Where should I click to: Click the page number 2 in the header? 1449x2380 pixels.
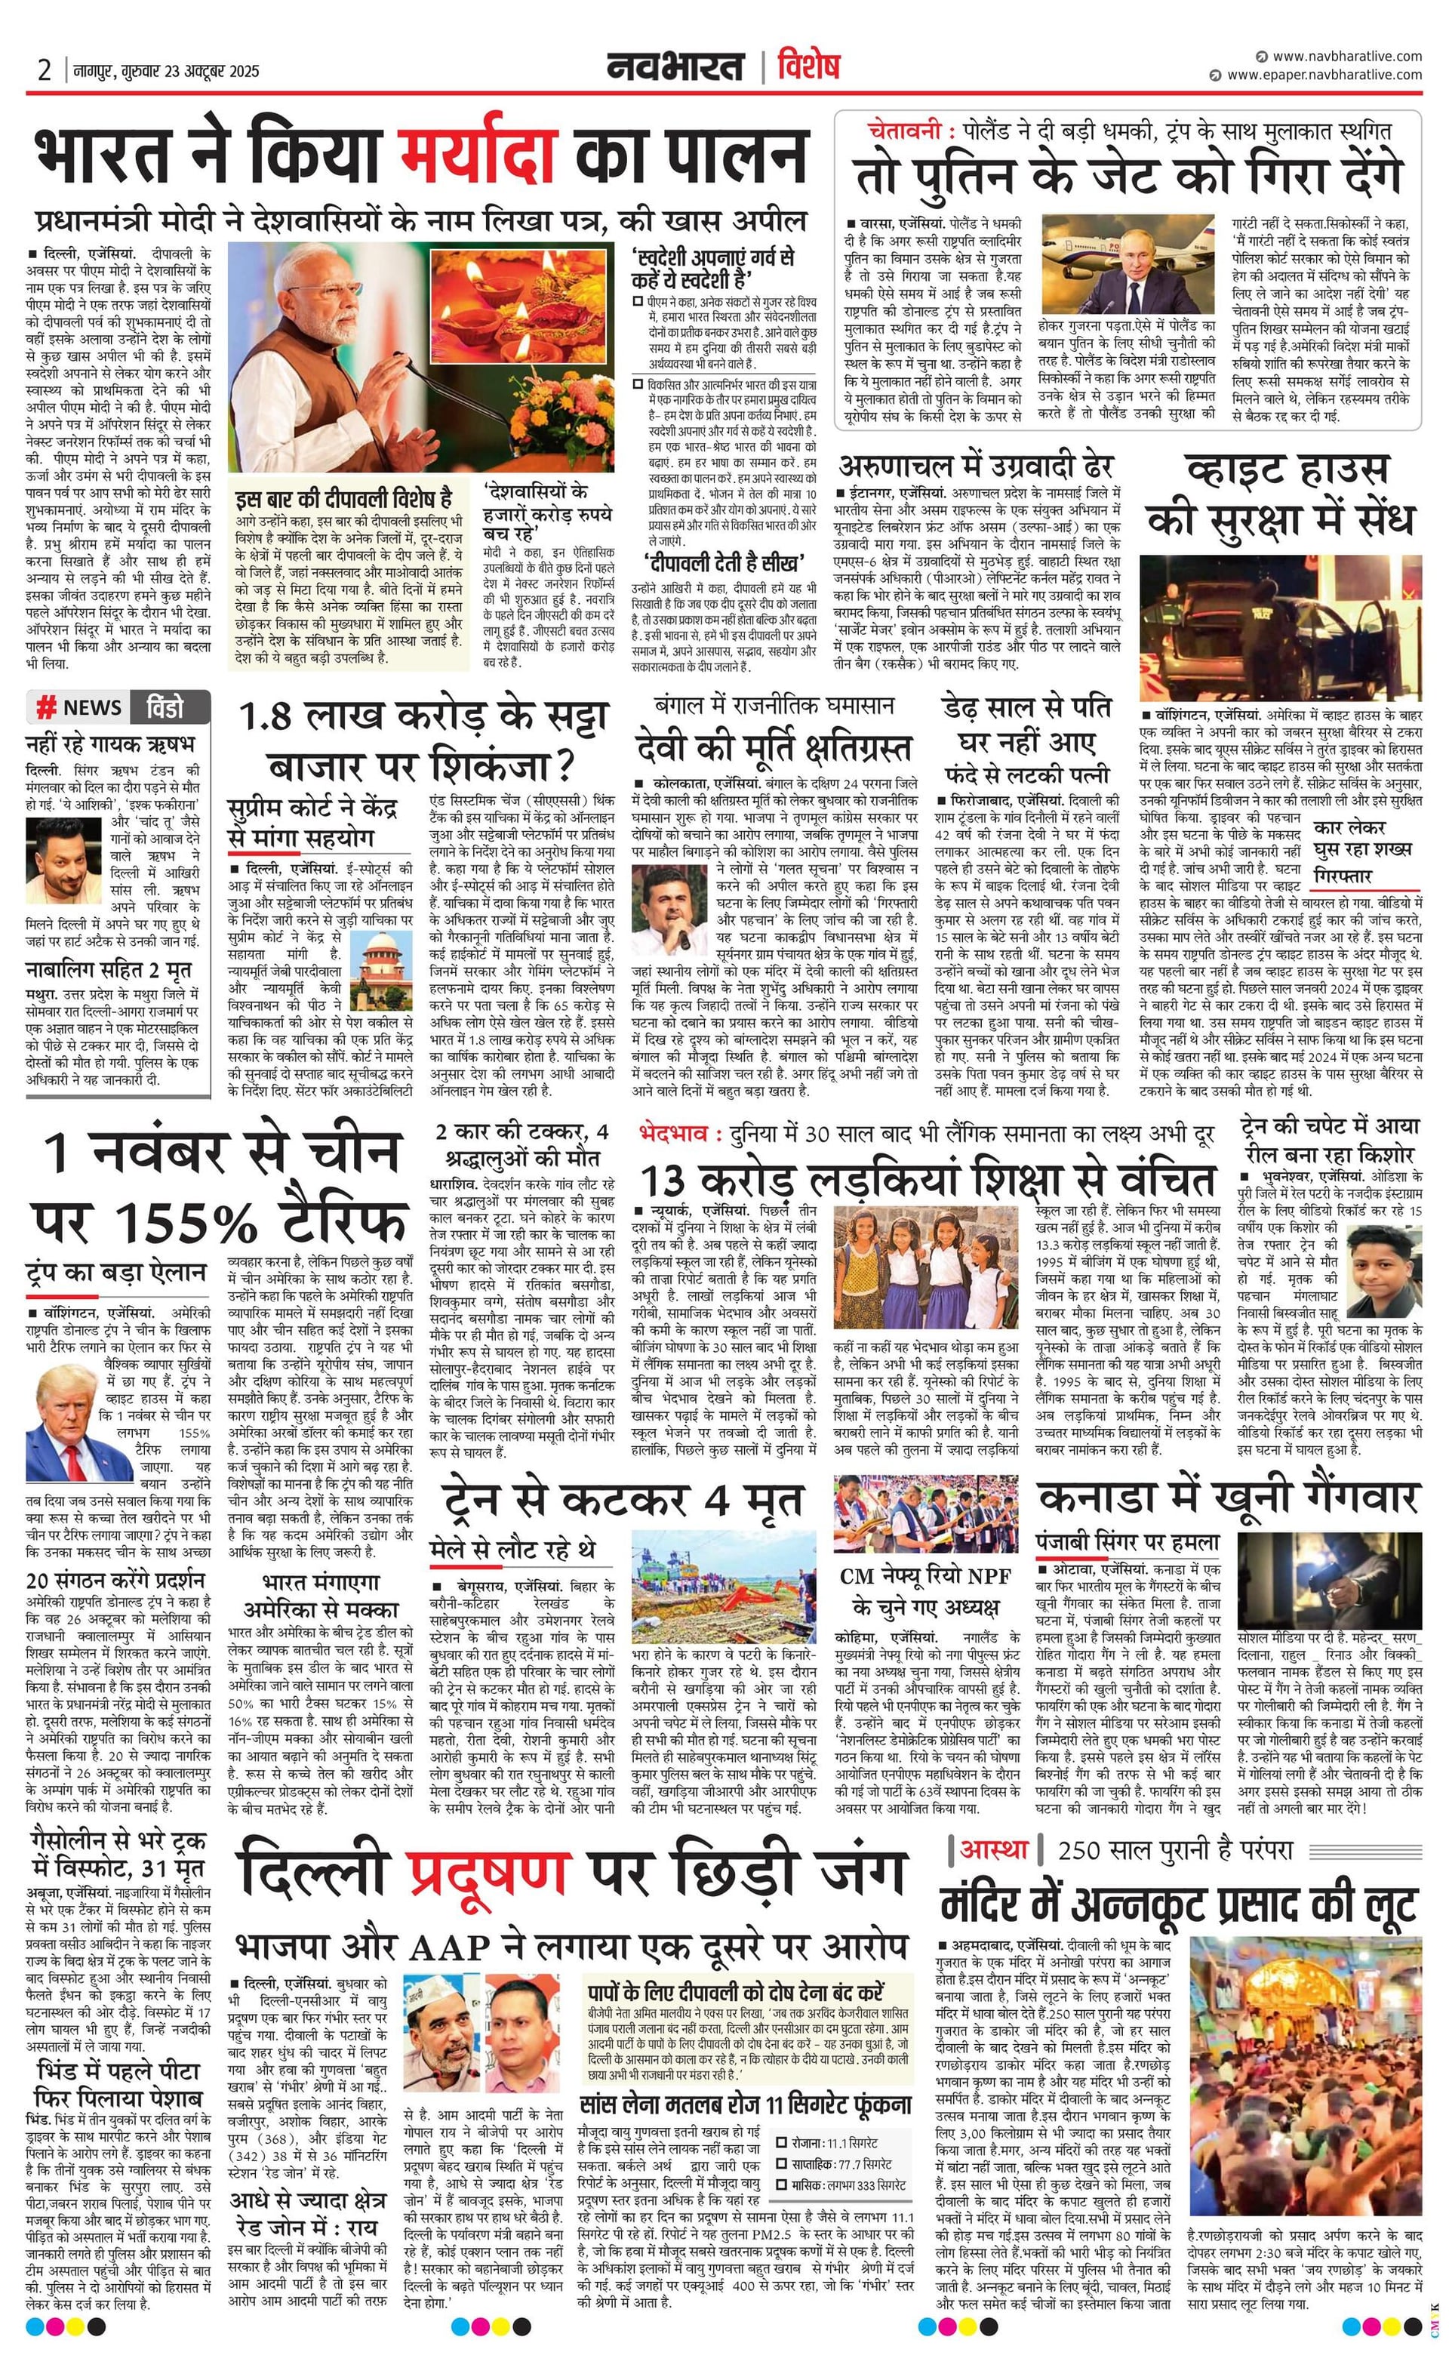point(45,70)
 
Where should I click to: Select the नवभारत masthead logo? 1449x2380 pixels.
point(676,68)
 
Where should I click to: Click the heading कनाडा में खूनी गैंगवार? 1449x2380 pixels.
point(1227,1497)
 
